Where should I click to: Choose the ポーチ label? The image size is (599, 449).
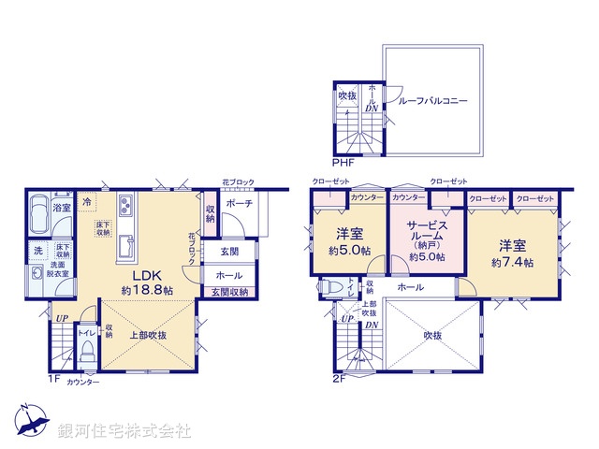237,203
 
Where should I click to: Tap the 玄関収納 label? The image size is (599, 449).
228,293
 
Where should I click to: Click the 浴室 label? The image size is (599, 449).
62,207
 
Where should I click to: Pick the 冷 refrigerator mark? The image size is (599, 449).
87,201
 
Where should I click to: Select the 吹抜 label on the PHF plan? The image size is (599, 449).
347,96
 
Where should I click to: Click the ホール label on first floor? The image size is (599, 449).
228,276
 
